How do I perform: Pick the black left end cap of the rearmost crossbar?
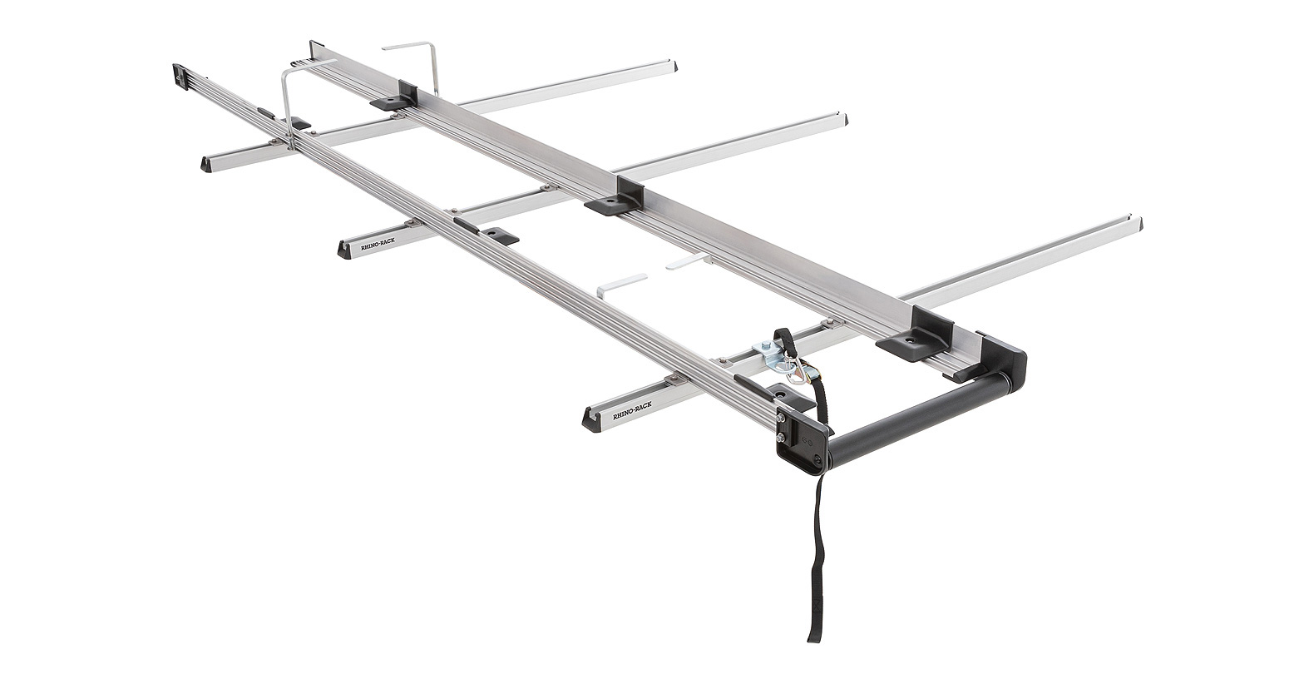(x=207, y=163)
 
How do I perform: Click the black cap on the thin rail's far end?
(x=180, y=76)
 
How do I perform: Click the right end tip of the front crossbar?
(x=1138, y=225)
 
